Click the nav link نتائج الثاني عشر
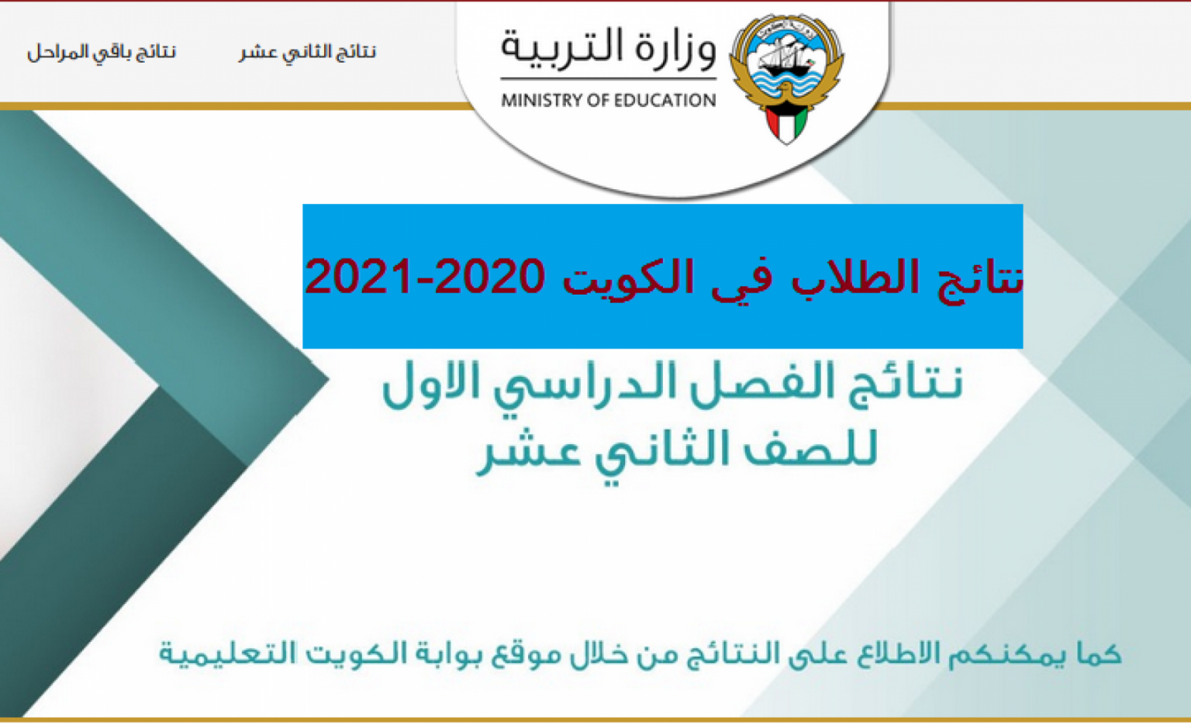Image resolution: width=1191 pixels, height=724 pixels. pos(307,53)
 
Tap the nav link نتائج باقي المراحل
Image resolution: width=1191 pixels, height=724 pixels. pos(102,53)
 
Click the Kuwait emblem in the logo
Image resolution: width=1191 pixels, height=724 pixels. pos(787,78)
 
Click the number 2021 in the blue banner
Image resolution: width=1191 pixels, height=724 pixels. pos(357,277)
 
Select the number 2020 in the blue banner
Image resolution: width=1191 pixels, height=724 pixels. pos(490,277)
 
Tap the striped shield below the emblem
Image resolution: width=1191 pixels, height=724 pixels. pos(787,123)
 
